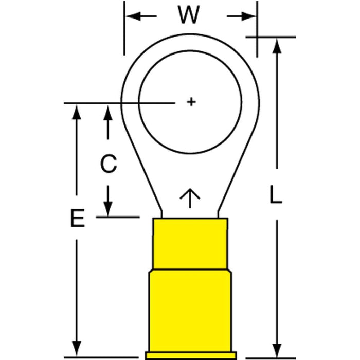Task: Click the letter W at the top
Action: [x=189, y=16]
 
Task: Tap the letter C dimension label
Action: [x=108, y=165]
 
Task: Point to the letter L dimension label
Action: [x=276, y=196]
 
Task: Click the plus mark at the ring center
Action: [x=191, y=102]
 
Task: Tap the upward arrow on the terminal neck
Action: [x=190, y=197]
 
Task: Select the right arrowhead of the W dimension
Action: [x=250, y=16]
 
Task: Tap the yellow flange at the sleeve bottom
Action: [x=190, y=355]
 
